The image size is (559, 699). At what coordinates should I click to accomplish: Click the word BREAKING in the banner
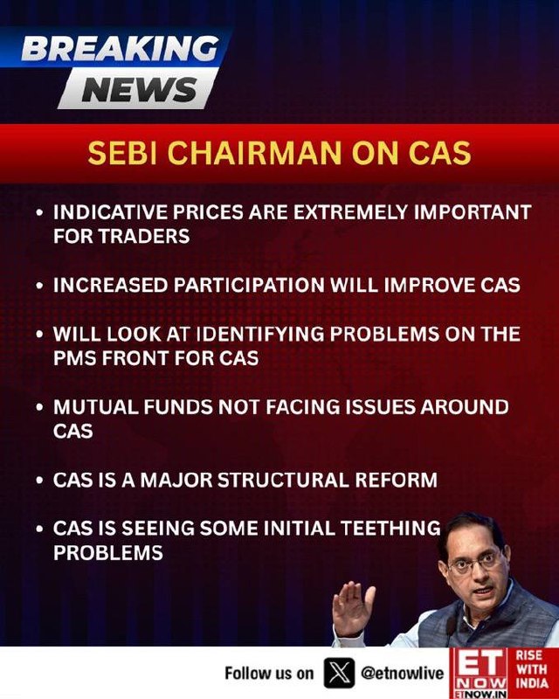tap(121, 48)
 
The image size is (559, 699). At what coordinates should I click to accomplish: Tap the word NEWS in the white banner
tap(140, 89)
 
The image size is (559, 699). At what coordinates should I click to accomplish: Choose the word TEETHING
tap(391, 529)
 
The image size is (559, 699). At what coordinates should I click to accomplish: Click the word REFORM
tap(397, 480)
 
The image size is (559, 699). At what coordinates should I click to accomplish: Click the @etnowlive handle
tap(402, 673)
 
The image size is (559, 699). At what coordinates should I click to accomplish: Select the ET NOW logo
tap(480, 673)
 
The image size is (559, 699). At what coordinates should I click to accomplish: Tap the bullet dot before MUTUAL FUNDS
tap(40, 407)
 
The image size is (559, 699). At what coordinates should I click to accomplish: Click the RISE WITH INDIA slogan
tap(532, 669)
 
